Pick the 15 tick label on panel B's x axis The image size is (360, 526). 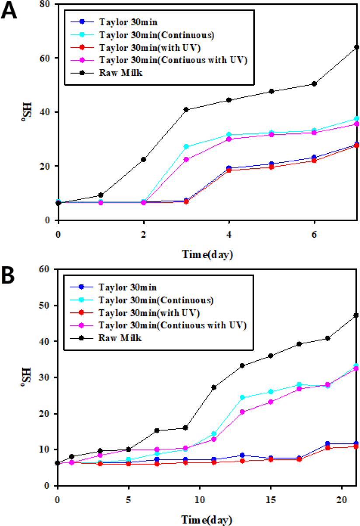(270, 499)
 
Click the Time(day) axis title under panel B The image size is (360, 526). (208, 519)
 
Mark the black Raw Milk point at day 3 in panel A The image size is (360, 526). (187, 110)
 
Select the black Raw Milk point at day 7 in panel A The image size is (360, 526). (357, 47)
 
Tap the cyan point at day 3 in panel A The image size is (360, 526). (187, 146)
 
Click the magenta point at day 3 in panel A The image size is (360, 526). (187, 159)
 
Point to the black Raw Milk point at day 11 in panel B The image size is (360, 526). (214, 387)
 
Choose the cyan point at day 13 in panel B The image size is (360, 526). (242, 398)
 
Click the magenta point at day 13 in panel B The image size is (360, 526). (242, 412)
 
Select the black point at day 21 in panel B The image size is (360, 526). (356, 315)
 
